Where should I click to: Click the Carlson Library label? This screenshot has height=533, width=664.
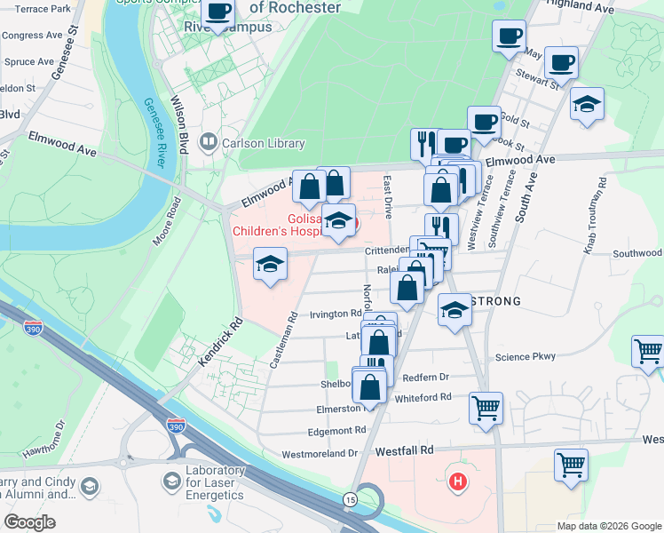click(x=264, y=143)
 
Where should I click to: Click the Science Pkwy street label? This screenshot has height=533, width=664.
click(x=525, y=357)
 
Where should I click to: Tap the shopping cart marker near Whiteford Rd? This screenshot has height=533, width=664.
click(x=486, y=409)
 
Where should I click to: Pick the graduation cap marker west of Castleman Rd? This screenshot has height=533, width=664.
click(x=271, y=264)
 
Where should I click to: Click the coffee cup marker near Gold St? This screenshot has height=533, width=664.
click(x=484, y=122)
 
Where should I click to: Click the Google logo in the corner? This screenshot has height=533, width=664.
click(x=30, y=521)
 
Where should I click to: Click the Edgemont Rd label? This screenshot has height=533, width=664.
click(x=336, y=430)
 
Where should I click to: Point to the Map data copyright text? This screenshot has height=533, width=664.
click(x=607, y=526)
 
